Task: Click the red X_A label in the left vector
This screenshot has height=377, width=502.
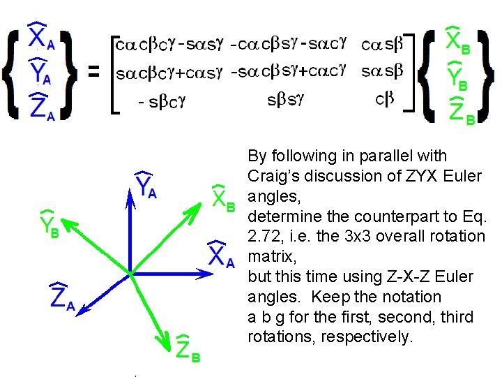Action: pyautogui.click(x=40, y=38)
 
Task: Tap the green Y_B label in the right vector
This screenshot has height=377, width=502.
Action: pyautogui.click(x=458, y=74)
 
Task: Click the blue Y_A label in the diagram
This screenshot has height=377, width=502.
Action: pyautogui.click(x=144, y=185)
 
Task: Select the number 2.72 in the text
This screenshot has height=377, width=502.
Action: pyautogui.click(x=264, y=237)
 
